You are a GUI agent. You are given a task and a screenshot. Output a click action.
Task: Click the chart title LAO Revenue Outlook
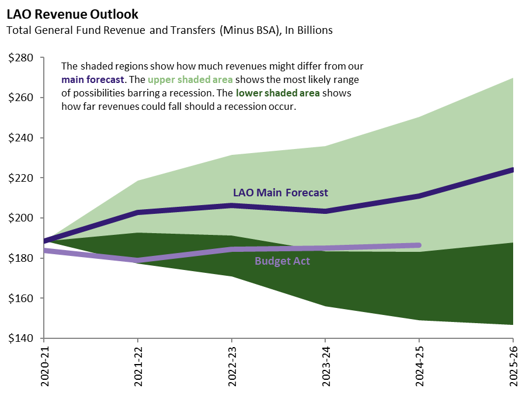click(x=72, y=13)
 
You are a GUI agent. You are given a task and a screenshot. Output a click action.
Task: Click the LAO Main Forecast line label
click(x=280, y=192)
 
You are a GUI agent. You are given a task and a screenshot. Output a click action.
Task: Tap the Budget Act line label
click(x=282, y=261)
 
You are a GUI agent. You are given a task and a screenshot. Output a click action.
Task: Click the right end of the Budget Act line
click(x=418, y=245)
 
